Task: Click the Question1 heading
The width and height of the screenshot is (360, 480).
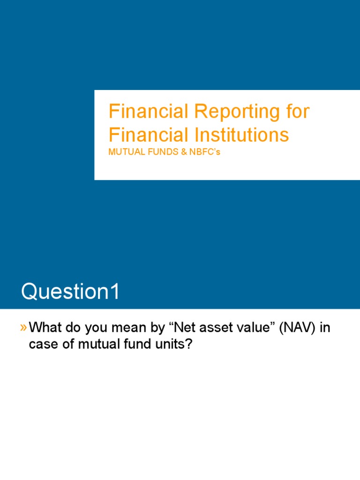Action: click(x=70, y=292)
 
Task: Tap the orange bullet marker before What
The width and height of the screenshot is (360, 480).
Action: click(x=23, y=328)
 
